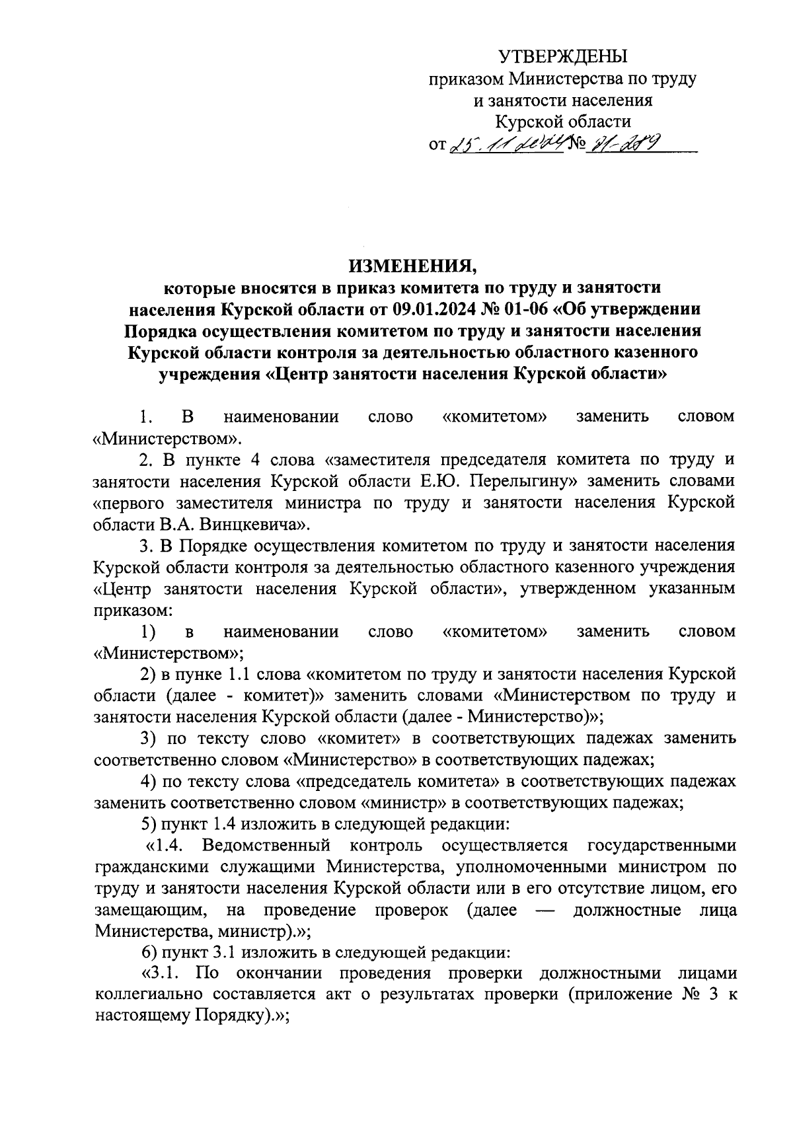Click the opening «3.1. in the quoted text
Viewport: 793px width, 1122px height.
(164, 973)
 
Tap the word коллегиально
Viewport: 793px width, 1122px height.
(150, 994)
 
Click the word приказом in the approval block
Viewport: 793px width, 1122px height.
(465, 79)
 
